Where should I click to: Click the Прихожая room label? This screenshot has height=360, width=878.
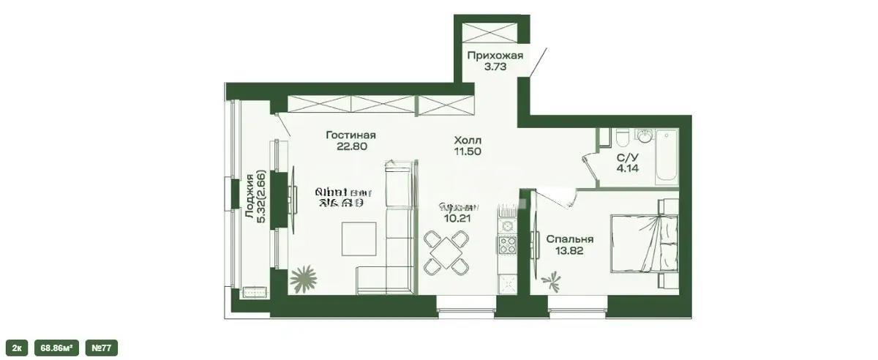tap(495, 55)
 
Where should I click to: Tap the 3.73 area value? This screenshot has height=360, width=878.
tap(495, 66)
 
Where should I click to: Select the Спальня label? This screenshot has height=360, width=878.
tap(569, 239)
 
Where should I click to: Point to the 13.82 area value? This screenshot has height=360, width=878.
tap(569, 251)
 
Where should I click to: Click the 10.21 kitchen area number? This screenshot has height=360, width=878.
tap(458, 217)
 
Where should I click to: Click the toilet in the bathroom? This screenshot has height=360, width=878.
tap(620, 139)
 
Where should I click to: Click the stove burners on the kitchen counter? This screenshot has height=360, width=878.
tap(506, 245)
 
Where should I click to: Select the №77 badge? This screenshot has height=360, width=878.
tap(101, 348)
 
